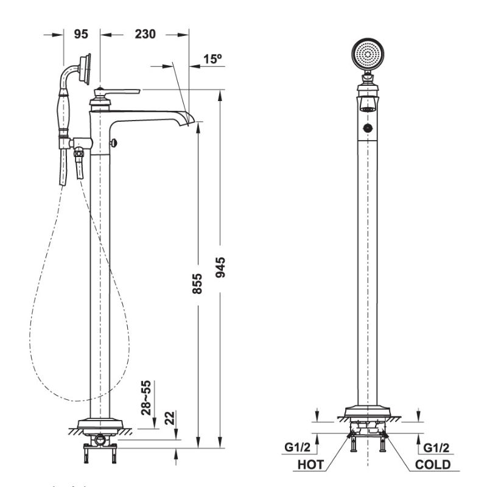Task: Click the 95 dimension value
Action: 81,34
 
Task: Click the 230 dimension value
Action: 144,34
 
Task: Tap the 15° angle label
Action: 212,59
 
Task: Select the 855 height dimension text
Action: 197,283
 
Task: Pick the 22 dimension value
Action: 170,418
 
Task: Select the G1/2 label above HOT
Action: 298,447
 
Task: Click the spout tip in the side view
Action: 190,120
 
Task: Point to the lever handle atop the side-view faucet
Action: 119,92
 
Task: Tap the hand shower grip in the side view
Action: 63,113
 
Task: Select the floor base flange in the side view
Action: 100,424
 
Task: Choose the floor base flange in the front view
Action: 368,412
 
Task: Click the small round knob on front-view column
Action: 368,128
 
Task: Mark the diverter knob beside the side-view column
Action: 114,142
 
